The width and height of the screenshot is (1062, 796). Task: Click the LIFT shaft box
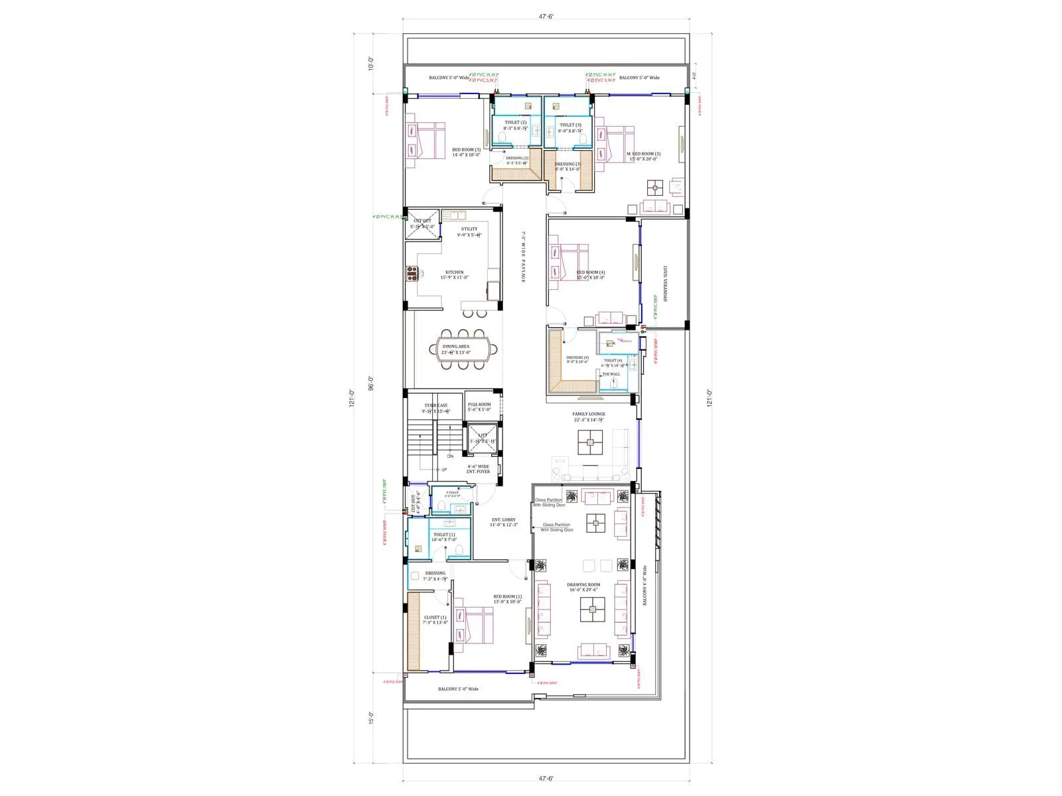coord(483,438)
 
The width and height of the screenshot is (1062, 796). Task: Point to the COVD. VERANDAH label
coord(665,284)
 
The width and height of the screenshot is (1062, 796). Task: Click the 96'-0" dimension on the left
coord(372,384)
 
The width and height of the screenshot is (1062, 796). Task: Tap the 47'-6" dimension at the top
coord(546,17)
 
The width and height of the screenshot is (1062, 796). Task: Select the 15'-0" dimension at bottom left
coord(372,718)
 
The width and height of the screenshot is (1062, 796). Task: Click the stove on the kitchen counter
coord(412,273)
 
